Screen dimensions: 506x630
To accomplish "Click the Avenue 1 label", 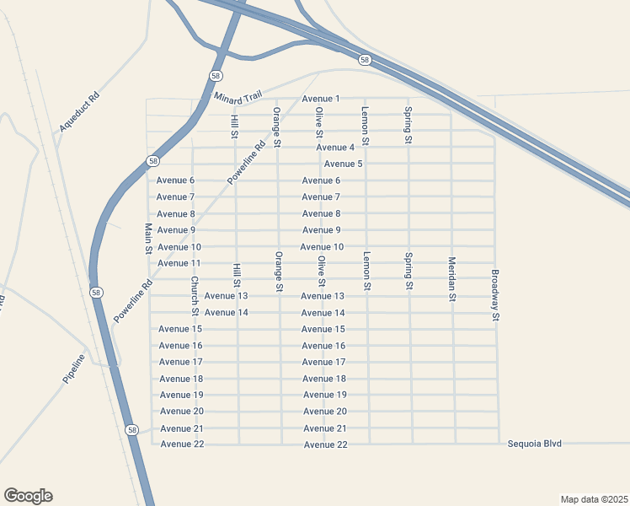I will coord(320,99).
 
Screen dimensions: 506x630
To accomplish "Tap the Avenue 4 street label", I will coord(335,148).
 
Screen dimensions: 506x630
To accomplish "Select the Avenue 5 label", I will coord(343,164).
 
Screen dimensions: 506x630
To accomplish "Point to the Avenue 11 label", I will coord(179,263).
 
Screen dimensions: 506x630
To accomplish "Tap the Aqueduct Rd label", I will coord(79,112).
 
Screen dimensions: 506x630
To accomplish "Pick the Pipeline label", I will coord(74,369).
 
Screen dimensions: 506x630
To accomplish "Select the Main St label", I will coord(148,239).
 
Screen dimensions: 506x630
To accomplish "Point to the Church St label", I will coord(194,291).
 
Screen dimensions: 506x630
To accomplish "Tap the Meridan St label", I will coord(452,278).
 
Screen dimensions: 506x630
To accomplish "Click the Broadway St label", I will coord(496,295).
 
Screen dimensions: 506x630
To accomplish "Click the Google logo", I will coord(28,496).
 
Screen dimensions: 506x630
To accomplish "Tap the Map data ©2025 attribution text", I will coord(595,498).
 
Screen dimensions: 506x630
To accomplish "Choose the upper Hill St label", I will coord(235,126).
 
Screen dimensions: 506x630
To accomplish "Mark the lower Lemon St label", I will coord(366,271).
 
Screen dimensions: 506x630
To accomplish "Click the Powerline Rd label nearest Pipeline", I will coord(133,299).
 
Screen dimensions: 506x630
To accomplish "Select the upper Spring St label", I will coord(408,126).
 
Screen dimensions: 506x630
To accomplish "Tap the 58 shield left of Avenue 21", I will coord(132,430).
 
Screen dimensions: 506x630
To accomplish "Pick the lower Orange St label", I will coord(278,272).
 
